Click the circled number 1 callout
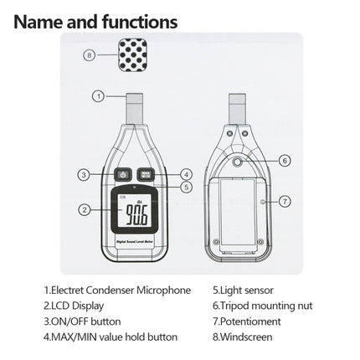pyautogui.click(x=98, y=96)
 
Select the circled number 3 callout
pyautogui.click(x=84, y=174)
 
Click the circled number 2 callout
pyautogui.click(x=84, y=210)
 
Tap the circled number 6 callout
pyautogui.click(x=284, y=159)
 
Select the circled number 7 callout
pyautogui.click(x=284, y=201)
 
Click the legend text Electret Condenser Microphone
pyautogui.click(x=121, y=291)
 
